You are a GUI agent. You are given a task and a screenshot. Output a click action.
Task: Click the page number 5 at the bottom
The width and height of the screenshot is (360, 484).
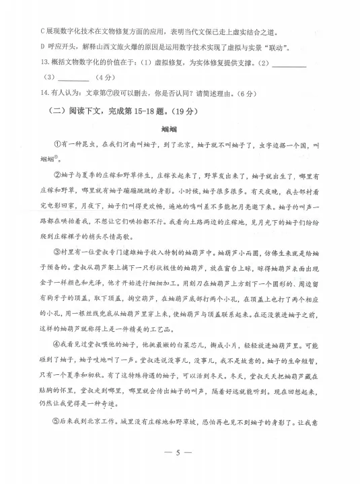click(178, 471)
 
